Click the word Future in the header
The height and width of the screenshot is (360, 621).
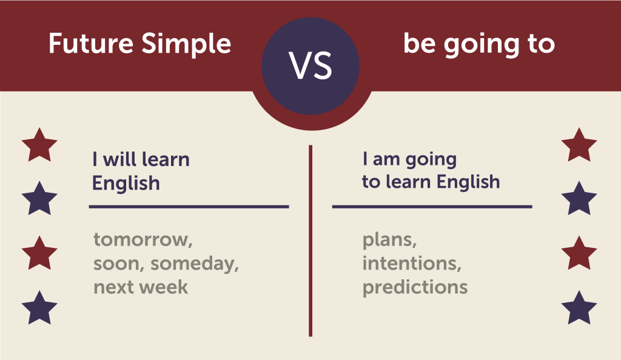(91, 43)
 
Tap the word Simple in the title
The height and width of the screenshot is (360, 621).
(186, 45)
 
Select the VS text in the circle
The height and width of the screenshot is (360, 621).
(310, 66)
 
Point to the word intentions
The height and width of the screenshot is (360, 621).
(412, 263)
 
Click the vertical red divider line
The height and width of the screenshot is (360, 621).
(310, 241)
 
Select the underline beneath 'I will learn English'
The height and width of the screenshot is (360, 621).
(189, 207)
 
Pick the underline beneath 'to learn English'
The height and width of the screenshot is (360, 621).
(432, 207)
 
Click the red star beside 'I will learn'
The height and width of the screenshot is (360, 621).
(39, 145)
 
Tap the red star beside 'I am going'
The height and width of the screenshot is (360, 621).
(579, 145)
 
